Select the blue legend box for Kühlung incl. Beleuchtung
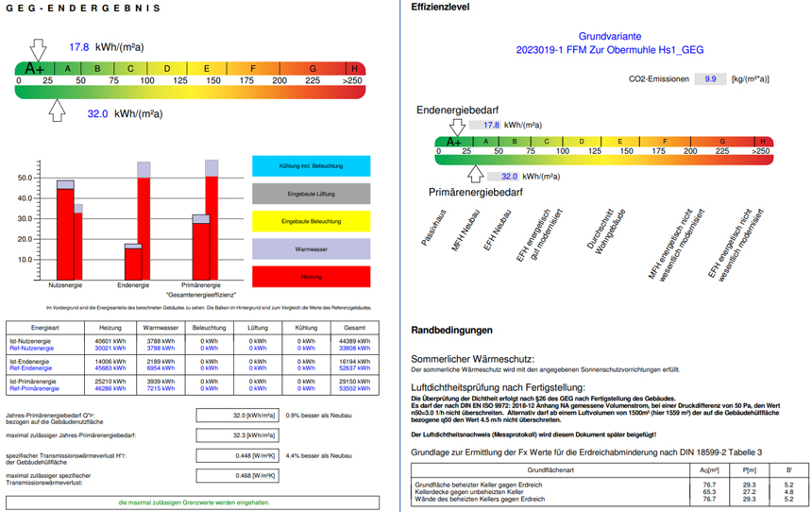311,165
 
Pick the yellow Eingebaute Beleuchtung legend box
311,222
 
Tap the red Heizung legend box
311,277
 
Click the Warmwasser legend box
311,249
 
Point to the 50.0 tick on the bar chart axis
25,178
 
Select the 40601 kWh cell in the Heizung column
110,341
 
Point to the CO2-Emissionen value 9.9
710,79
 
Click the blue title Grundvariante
609,35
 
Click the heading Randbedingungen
452,331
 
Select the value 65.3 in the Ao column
709,492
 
